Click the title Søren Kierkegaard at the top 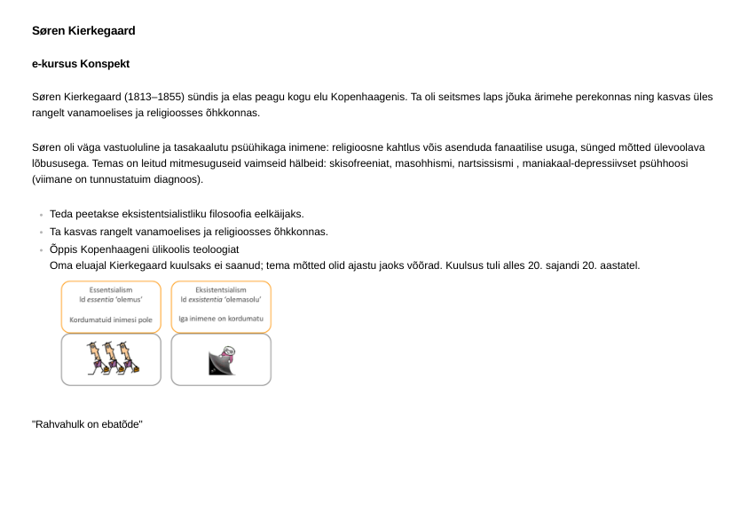click(x=83, y=31)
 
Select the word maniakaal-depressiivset click(x=582, y=164)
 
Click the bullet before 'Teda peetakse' click(x=41, y=216)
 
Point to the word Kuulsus click(x=465, y=265)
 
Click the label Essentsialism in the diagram click(x=111, y=289)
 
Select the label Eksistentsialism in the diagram click(x=221, y=289)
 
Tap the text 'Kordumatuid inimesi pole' click(x=111, y=320)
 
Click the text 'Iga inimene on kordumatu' click(x=221, y=319)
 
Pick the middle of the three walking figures click(x=111, y=359)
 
